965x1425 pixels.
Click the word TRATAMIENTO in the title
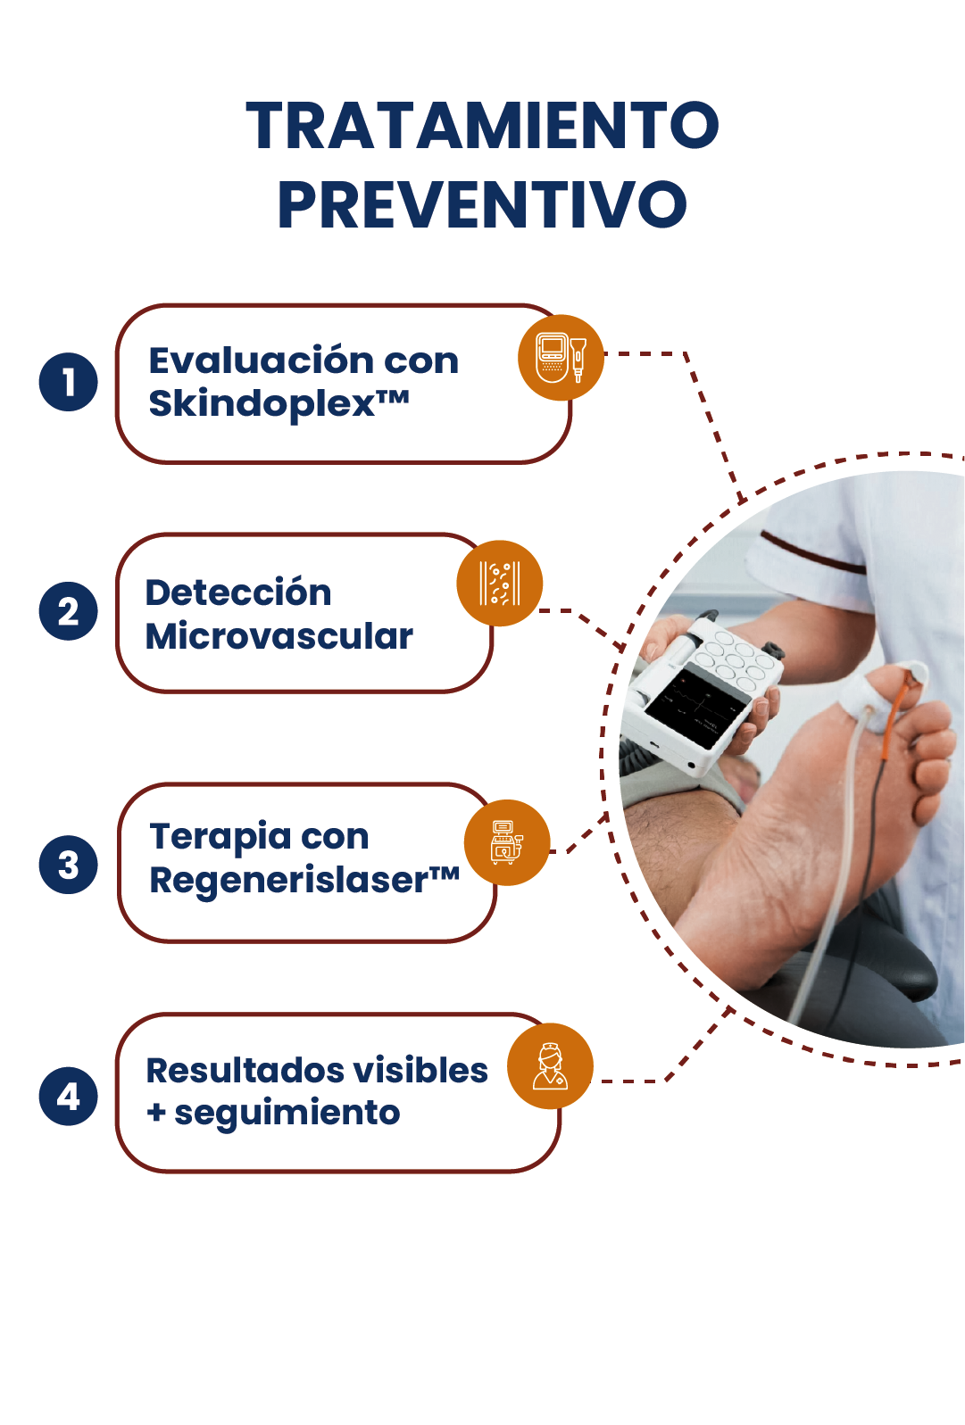[x=482, y=125]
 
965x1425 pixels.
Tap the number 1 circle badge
[x=68, y=382]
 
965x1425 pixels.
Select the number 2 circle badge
[x=68, y=610]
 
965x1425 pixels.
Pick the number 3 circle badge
[x=68, y=865]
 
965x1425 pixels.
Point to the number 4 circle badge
[x=68, y=1096]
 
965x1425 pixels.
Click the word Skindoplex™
[x=279, y=403]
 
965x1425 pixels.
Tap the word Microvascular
[x=279, y=635]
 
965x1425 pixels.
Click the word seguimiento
[x=287, y=1113]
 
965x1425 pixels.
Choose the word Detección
[x=238, y=592]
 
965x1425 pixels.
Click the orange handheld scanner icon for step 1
[x=561, y=358]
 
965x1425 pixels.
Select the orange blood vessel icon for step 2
[x=500, y=584]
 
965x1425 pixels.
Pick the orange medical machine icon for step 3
[x=507, y=842]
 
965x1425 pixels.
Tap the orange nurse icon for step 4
[x=550, y=1066]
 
